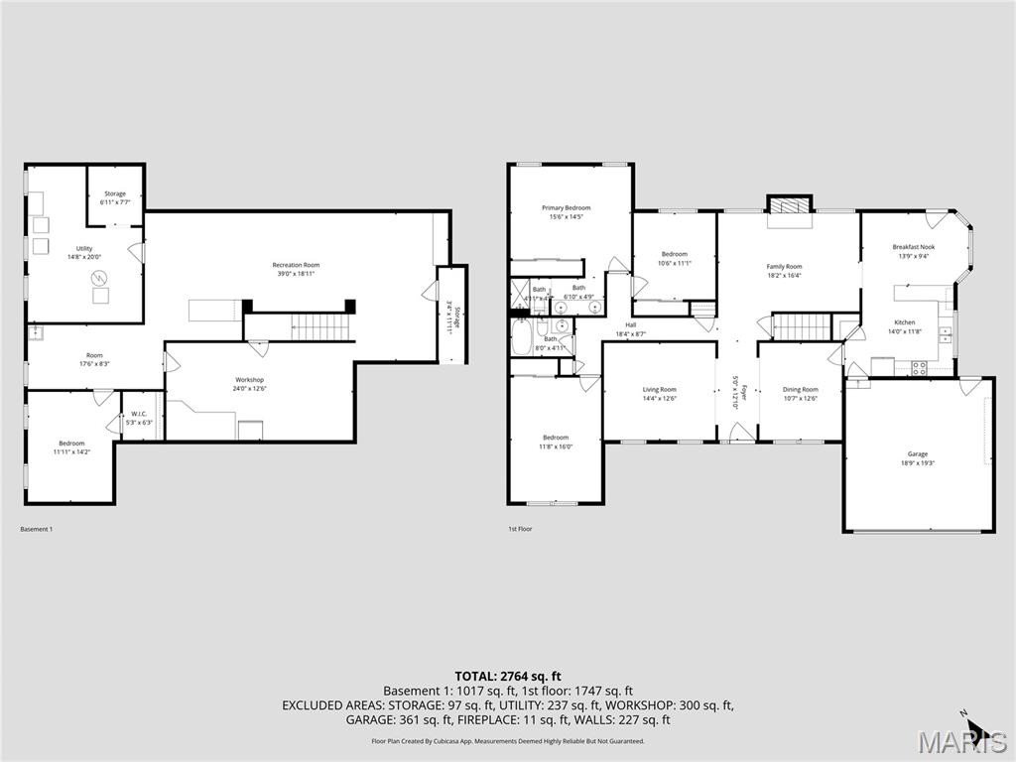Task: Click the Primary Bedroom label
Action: tap(566, 208)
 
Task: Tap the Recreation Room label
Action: tap(297, 265)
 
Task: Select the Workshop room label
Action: tap(250, 380)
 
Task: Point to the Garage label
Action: tap(918, 454)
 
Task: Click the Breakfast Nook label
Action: tap(913, 247)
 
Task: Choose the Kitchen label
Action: tap(905, 322)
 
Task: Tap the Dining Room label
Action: tap(801, 390)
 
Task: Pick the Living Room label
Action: tap(660, 390)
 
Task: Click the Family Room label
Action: tap(784, 267)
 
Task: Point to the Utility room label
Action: tap(84, 248)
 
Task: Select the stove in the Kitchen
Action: tap(919, 367)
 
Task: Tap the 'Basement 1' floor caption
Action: tap(37, 529)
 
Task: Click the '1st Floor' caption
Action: tap(520, 529)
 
